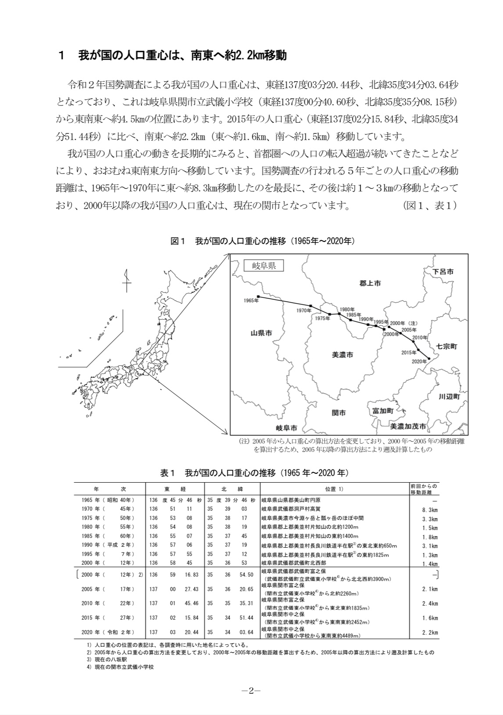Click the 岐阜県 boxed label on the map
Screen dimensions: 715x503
pyautogui.click(x=264, y=266)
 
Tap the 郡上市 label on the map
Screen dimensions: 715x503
pyautogui.click(x=370, y=283)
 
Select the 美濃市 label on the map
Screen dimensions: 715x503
pyautogui.click(x=342, y=354)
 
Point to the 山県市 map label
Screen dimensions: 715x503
pyautogui.click(x=261, y=333)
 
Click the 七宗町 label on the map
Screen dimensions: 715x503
pyautogui.click(x=446, y=346)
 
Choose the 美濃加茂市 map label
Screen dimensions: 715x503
pyautogui.click(x=408, y=426)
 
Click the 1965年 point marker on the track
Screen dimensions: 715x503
pyautogui.click(x=259, y=296)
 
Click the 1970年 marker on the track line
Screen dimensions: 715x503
pyautogui.click(x=311, y=306)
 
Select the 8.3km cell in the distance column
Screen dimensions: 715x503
pyautogui.click(x=430, y=510)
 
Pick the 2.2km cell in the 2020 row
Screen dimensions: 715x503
pyautogui.click(x=430, y=633)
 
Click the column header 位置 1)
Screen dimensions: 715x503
pyautogui.click(x=334, y=489)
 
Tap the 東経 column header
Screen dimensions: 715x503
pyautogui.click(x=174, y=489)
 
